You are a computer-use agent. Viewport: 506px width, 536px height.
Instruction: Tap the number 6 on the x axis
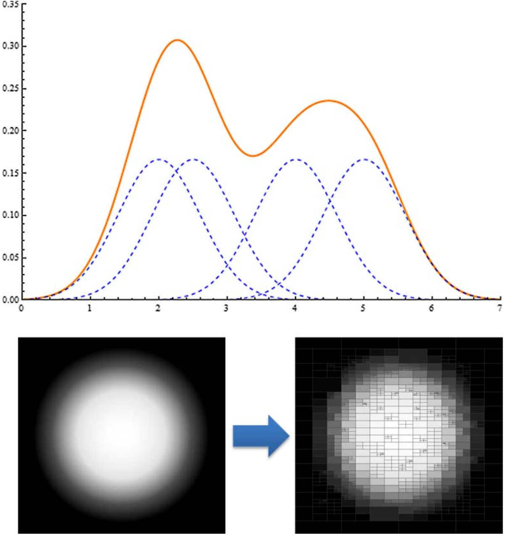431,308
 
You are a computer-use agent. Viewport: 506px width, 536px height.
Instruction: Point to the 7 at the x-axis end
499,308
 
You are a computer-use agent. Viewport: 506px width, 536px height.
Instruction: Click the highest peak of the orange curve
177,40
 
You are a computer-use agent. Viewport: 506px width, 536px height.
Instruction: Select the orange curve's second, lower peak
328,100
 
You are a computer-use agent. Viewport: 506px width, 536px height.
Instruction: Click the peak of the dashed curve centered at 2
158,159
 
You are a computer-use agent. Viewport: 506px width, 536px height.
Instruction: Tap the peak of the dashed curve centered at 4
295,159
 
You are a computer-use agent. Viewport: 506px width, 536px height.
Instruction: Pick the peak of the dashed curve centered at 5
364,159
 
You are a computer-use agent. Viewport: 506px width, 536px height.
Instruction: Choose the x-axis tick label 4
295,308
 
